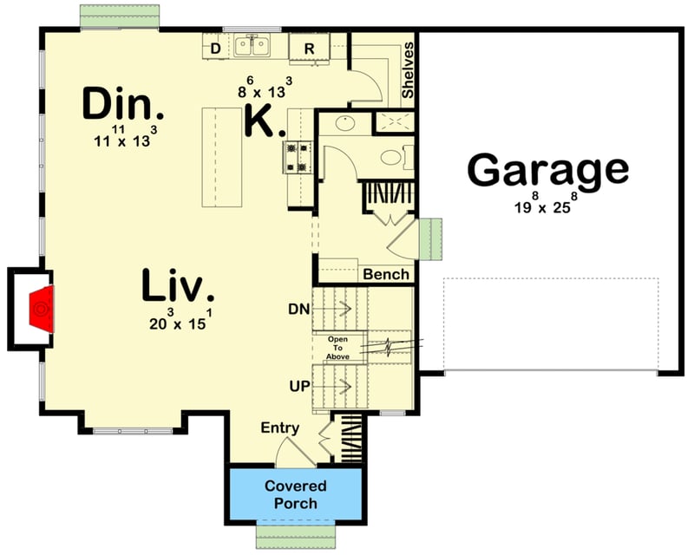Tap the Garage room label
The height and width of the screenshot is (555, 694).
tap(547, 170)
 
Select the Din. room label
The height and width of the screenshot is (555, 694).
tap(122, 105)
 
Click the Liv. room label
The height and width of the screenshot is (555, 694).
tap(179, 287)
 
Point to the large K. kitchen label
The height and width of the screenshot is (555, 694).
tap(264, 121)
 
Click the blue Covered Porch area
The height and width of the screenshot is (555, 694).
tap(295, 494)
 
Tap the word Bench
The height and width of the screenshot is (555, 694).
tap(386, 274)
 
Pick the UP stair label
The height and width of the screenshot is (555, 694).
tap(300, 384)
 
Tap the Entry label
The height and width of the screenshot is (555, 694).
tap(280, 428)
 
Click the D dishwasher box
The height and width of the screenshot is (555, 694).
tap(215, 48)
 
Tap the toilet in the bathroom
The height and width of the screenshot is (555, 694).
tap(391, 159)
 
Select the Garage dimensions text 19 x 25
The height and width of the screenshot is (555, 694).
tap(545, 206)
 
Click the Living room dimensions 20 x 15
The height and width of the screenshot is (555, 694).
tap(179, 323)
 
